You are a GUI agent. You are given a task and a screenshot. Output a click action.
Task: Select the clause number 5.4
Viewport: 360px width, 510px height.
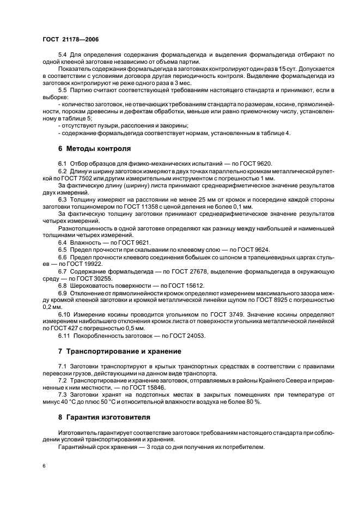point(63,55)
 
